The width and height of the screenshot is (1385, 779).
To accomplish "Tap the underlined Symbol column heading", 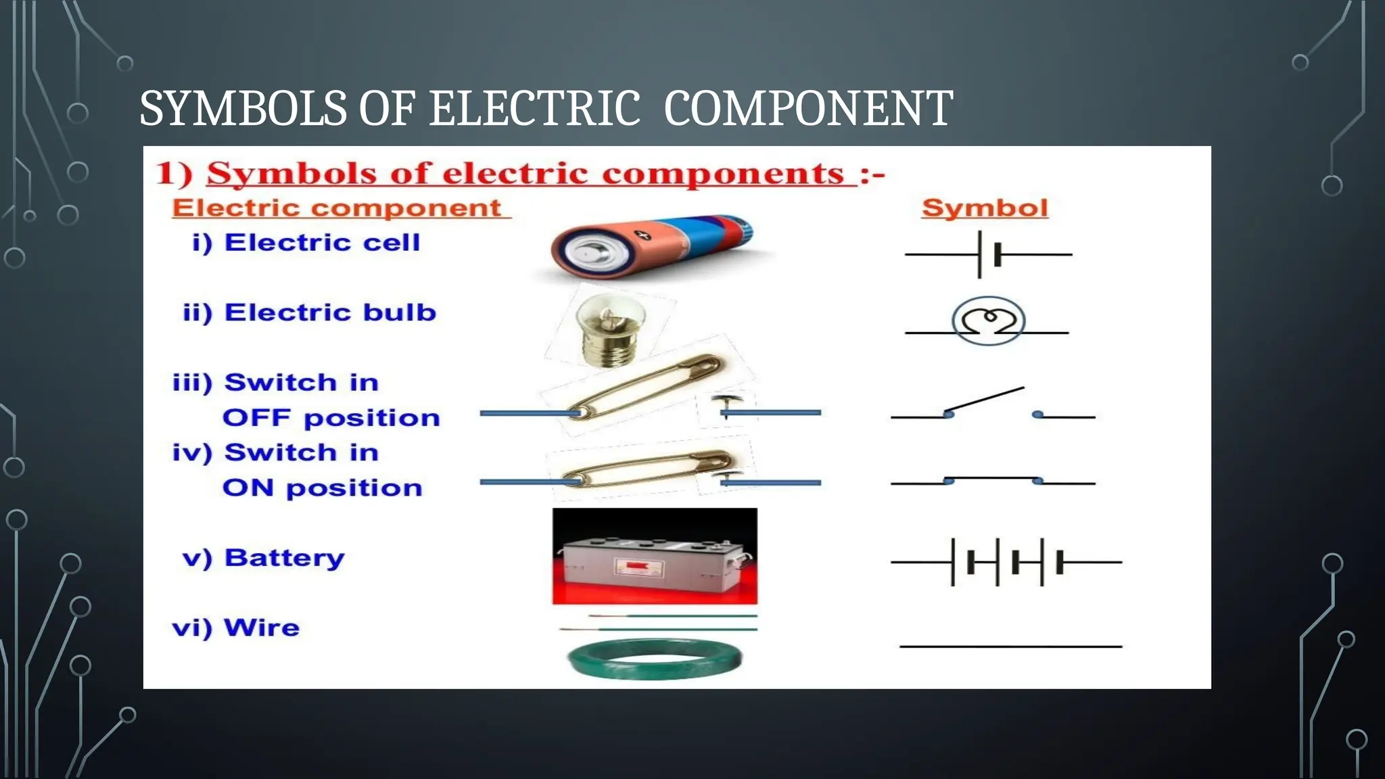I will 985,208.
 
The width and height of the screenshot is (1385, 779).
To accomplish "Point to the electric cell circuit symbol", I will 988,255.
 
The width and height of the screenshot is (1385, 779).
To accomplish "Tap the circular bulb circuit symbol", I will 988,321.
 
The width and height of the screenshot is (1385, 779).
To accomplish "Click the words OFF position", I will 331,418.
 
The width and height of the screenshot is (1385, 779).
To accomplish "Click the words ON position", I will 323,488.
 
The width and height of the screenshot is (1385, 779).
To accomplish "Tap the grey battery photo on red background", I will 655,556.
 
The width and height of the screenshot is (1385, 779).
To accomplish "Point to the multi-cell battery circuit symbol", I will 1006,562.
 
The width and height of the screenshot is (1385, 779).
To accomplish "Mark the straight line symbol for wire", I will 1010,647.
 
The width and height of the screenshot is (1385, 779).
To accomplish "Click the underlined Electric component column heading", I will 337,208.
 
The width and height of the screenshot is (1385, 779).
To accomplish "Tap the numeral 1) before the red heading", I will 173,173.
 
